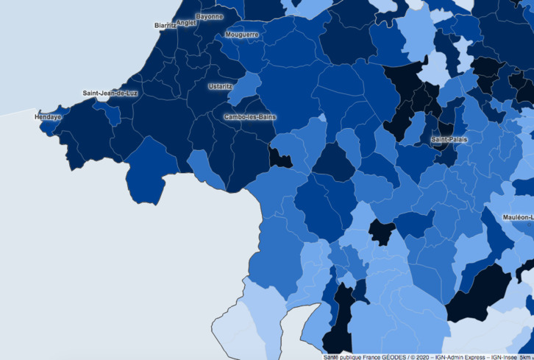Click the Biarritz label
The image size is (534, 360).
coord(165,25)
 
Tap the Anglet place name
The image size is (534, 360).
coord(186,23)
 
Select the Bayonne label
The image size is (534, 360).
coord(209,15)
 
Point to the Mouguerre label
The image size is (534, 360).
coord(242,35)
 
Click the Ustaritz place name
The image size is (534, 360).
coord(220,86)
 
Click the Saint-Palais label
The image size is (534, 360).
coord(449,138)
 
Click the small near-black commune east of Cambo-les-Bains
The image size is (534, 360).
coord(281,158)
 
